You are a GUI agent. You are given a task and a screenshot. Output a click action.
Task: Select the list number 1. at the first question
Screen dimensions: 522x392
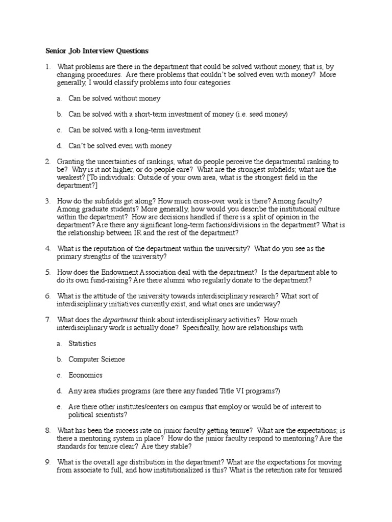coord(47,67)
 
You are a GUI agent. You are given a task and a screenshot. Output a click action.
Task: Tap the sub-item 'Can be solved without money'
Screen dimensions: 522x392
coord(114,98)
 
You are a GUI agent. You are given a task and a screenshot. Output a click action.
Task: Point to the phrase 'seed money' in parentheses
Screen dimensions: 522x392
coord(267,114)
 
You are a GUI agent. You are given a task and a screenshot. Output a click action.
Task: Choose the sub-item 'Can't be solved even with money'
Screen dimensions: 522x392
coord(120,146)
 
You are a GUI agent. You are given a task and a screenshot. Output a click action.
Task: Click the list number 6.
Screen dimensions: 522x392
coord(47,296)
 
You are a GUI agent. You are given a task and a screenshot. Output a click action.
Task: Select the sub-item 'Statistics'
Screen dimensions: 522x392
coord(82,344)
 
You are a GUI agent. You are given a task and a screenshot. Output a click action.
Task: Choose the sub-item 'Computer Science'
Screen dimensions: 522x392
coord(96,359)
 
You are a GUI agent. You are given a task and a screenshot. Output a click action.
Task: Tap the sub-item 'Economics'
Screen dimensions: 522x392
coord(85,375)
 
